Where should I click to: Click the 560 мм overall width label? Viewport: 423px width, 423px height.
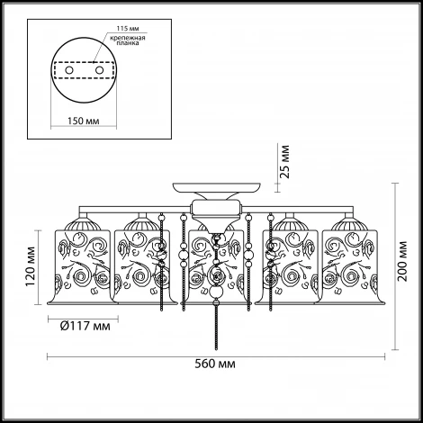point(215,364)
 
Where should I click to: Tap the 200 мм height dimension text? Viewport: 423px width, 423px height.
point(402,261)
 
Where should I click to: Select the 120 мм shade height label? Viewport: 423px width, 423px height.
point(31,266)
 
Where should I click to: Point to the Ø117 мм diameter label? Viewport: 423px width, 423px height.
point(85,326)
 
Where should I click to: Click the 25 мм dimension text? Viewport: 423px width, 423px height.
point(285,162)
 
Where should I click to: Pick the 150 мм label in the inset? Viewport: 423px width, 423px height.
point(83,121)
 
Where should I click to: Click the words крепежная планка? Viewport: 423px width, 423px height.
point(128,40)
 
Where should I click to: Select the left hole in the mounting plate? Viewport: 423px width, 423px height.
point(69,70)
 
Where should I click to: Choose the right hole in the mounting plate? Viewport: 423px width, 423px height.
point(99,70)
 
